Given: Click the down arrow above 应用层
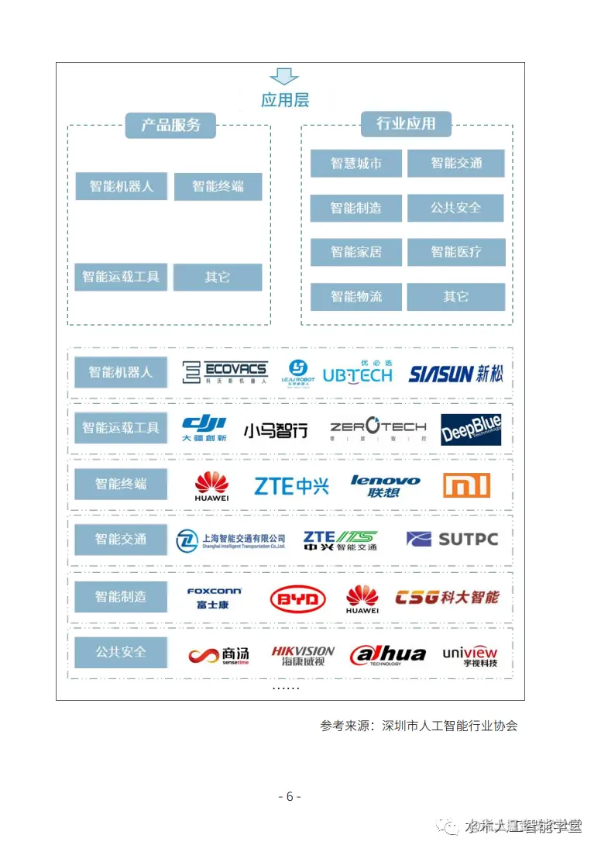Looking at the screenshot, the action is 283,76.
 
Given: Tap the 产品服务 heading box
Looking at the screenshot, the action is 170,125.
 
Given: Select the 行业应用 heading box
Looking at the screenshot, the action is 406,123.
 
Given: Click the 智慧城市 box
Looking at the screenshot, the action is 356,164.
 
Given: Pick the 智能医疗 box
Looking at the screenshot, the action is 456,252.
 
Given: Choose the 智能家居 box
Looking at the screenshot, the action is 356,252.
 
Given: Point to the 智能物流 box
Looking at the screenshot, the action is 356,297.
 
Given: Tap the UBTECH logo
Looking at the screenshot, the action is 357,374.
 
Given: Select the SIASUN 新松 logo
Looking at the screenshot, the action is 455,374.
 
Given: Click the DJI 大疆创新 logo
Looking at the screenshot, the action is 204,428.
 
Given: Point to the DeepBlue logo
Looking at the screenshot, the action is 471,429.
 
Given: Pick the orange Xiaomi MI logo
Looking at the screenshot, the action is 466,485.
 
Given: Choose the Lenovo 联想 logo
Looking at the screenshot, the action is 385,486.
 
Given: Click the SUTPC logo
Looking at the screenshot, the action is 452,539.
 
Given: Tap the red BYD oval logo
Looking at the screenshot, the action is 297,598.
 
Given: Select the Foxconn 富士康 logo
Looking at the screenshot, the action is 214,597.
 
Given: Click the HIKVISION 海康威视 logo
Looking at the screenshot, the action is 303,656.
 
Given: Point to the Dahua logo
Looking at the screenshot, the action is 387,655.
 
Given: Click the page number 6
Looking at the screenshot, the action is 289,796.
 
